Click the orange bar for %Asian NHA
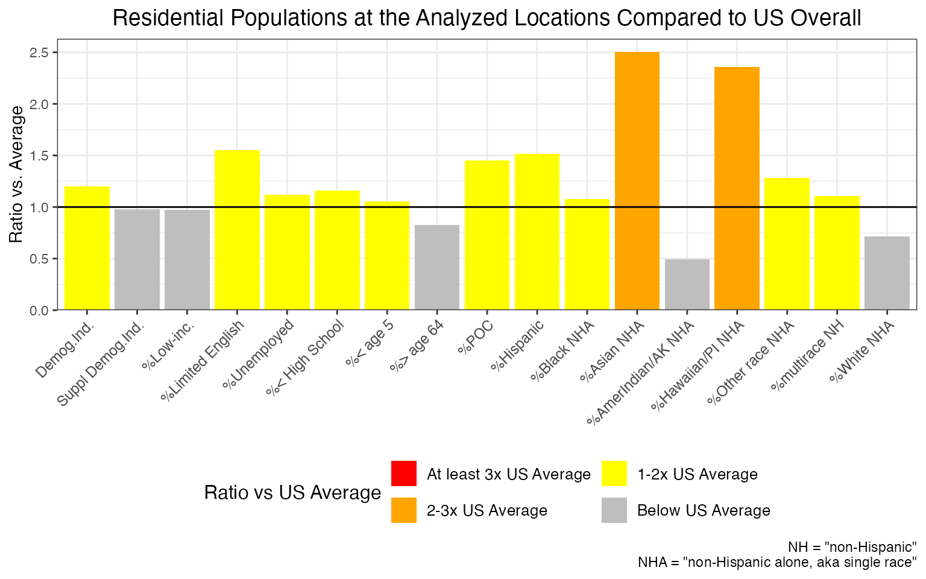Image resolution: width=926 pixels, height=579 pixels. (x=637, y=181)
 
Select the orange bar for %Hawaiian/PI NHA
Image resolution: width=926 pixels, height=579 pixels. (x=737, y=188)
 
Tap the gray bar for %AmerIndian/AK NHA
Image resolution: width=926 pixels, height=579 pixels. (x=687, y=285)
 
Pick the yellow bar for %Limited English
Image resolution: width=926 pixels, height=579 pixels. (x=237, y=230)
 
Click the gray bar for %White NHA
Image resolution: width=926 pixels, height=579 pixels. (x=887, y=273)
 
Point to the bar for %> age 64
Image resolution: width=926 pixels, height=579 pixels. (x=437, y=267)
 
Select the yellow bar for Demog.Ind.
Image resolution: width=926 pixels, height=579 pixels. (x=87, y=248)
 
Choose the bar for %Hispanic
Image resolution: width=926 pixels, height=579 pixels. (x=537, y=232)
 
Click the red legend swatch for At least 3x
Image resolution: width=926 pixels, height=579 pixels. (x=403, y=473)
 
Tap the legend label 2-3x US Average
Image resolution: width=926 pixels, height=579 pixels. (x=487, y=511)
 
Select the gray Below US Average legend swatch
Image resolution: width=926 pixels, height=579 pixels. (x=614, y=510)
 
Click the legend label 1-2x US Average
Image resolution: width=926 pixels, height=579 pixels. (x=697, y=475)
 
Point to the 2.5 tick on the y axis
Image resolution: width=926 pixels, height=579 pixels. (x=39, y=52)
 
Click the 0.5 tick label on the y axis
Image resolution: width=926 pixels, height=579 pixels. (x=39, y=259)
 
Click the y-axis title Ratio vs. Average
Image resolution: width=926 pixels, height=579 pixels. (x=17, y=174)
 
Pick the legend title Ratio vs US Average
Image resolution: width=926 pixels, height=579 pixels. (x=292, y=493)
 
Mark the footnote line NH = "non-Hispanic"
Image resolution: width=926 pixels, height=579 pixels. (x=852, y=547)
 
